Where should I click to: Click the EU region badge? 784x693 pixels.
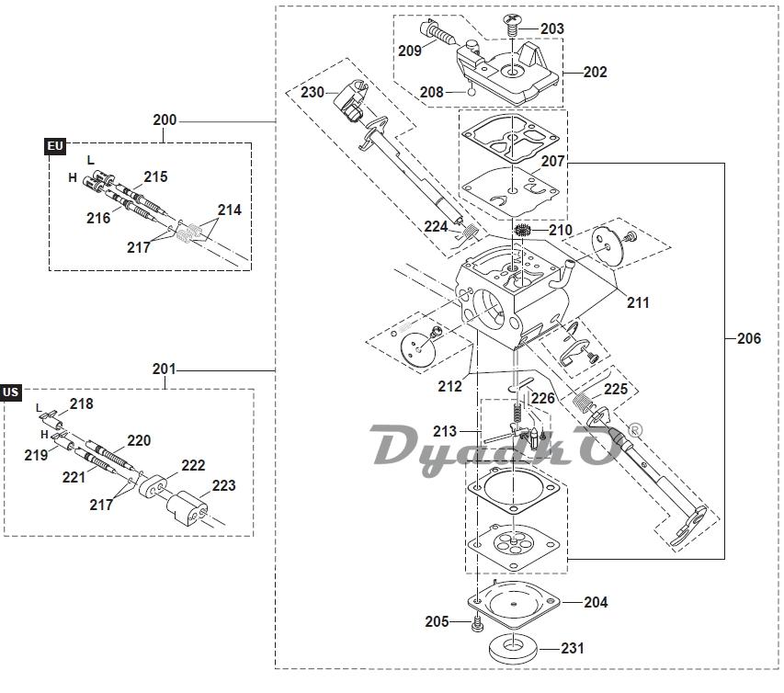[x=55, y=146]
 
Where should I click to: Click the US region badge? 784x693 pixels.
[x=11, y=392]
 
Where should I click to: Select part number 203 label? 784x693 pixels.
[x=551, y=29]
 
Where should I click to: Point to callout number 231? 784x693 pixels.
[x=572, y=648]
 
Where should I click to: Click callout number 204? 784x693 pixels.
[x=596, y=603]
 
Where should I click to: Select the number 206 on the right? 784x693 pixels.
[x=749, y=338]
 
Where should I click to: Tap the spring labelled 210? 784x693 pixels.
[x=526, y=230]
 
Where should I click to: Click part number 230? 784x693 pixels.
[x=312, y=92]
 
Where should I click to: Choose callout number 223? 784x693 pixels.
[x=223, y=485]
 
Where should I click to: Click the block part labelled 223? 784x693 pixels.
[x=187, y=508]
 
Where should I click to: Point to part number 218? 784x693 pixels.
[x=81, y=403]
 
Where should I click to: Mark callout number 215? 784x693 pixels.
[x=155, y=176]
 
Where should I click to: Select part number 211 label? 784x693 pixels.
[x=638, y=302]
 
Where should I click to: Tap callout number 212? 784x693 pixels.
[x=449, y=387]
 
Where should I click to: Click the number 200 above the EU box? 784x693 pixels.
[x=165, y=120]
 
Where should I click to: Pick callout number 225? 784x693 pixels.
[x=616, y=389]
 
